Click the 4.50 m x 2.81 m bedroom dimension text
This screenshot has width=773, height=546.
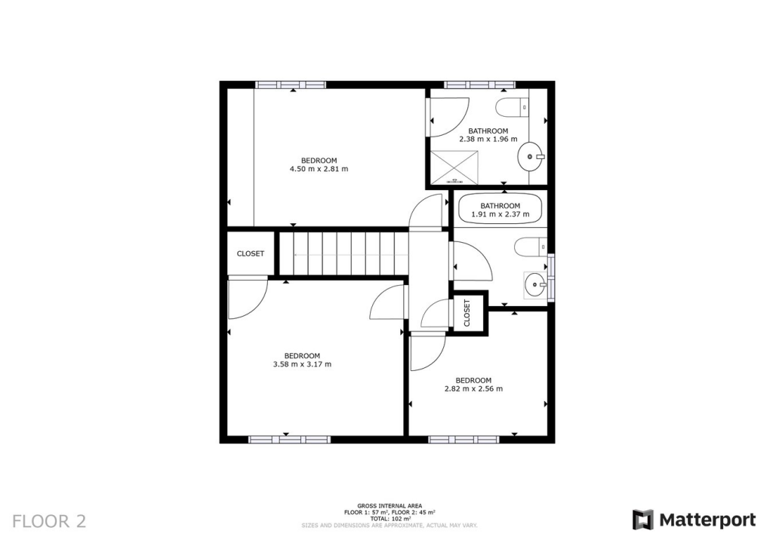click(319, 169)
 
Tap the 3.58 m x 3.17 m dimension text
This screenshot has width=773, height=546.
click(302, 364)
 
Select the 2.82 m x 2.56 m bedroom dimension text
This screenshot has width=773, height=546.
click(473, 389)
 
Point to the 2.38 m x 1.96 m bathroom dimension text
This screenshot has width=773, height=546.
click(488, 139)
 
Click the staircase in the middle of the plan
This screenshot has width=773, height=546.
click(343, 253)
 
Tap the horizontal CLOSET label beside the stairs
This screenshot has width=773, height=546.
click(251, 253)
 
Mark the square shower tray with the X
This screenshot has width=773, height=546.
click(454, 167)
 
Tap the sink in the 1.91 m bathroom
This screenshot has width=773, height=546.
click(535, 284)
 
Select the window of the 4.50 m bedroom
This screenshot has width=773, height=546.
click(291, 84)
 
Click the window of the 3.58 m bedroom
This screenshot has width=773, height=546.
click(290, 439)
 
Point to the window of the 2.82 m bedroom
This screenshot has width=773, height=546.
click(463, 439)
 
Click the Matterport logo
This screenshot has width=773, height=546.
click(694, 520)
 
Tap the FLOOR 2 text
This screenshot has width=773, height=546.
click(50, 521)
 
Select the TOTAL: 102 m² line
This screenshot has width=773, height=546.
click(390, 519)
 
